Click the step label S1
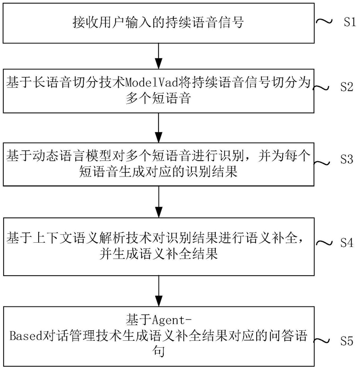pyautogui.click(x=349, y=22)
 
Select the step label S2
pyautogui.click(x=347, y=87)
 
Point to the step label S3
pyautogui.click(x=347, y=159)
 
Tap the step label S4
pyautogui.click(x=347, y=243)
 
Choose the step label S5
pyautogui.click(x=347, y=341)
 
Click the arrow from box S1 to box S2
pyautogui.click(x=159, y=56)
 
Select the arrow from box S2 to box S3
pyautogui.click(x=159, y=128)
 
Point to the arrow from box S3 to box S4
pyautogui.click(x=159, y=202)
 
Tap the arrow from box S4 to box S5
pyautogui.click(x=159, y=291)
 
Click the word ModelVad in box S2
pyautogui.click(x=152, y=83)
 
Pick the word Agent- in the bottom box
pyautogui.click(x=172, y=321)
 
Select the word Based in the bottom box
pyautogui.click(x=26, y=336)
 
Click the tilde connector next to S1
pyautogui.click(x=324, y=22)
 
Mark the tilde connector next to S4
pyautogui.click(x=323, y=243)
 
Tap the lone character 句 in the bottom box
pyautogui.click(x=159, y=351)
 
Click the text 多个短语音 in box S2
pyautogui.click(x=158, y=98)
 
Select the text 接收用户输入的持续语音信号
pyautogui.click(x=158, y=22)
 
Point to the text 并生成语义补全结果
pyautogui.click(x=159, y=254)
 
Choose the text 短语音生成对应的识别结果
pyautogui.click(x=158, y=171)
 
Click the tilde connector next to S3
pyautogui.click(x=321, y=163)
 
